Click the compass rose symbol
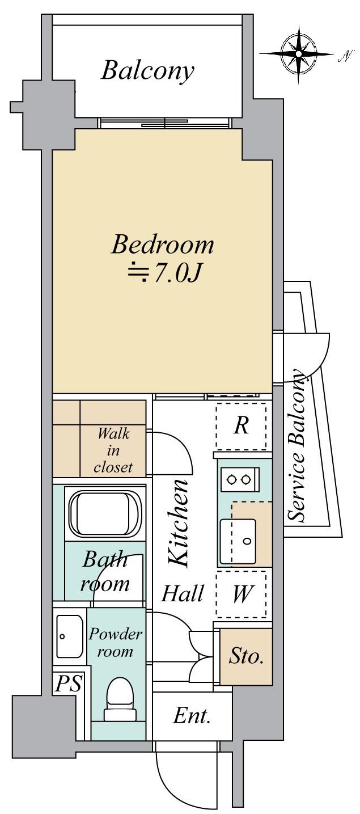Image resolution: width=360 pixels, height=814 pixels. point(298,54)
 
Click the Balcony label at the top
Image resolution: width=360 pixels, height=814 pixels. point(147,71)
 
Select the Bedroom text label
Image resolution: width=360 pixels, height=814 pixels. point(162,244)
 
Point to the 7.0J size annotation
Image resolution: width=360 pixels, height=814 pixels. point(164,273)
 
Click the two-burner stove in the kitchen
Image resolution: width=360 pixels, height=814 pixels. point(239,479)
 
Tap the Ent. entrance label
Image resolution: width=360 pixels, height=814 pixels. point(192,715)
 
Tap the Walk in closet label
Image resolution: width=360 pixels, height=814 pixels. point(113,450)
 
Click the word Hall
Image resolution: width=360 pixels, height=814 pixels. point(183,594)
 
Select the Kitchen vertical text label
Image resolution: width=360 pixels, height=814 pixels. point(179,523)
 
